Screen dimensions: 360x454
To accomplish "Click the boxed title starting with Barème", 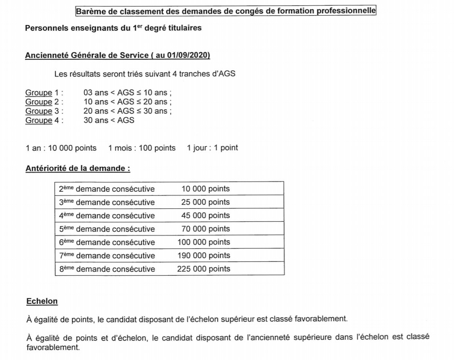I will pyautogui.click(x=226, y=10).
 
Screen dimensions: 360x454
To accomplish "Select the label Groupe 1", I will pyautogui.click(x=44, y=93).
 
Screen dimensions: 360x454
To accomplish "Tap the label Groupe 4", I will pyautogui.click(x=44, y=120).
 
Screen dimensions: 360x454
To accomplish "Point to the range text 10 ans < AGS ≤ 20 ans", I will pyautogui.click(x=127, y=102).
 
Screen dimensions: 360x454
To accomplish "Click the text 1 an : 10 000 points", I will pyautogui.click(x=61, y=148).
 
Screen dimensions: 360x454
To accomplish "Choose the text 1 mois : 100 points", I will pyautogui.click(x=142, y=148).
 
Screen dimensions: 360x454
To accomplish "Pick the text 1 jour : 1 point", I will pyautogui.click(x=212, y=148).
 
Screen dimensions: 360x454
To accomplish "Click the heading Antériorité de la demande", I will pyautogui.click(x=78, y=169).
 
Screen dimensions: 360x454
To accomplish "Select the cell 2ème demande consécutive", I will pyautogui.click(x=107, y=189).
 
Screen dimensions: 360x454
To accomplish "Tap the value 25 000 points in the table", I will pyautogui.click(x=205, y=202).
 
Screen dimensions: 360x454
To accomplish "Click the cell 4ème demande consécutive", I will pyautogui.click(x=107, y=215).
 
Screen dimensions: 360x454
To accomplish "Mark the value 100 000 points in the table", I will pyautogui.click(x=203, y=242).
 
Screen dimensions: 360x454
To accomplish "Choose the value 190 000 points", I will pyautogui.click(x=203, y=256).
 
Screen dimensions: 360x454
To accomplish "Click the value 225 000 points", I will pyautogui.click(x=203, y=269).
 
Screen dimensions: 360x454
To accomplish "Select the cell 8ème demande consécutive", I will pyautogui.click(x=107, y=269).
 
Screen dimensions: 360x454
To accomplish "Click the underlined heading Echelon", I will pyautogui.click(x=42, y=301).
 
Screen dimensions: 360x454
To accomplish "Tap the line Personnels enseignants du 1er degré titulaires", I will pyautogui.click(x=113, y=28).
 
